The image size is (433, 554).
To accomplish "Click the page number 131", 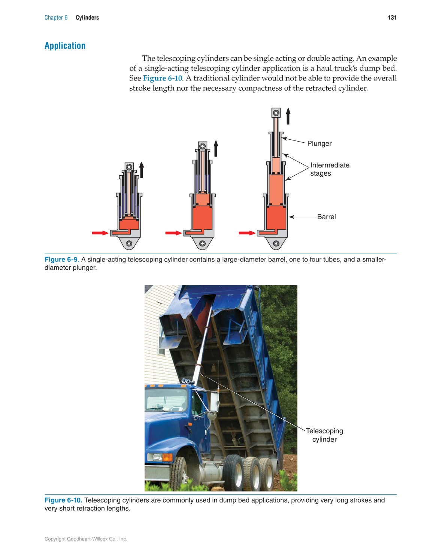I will (392, 18).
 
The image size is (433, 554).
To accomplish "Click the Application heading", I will (65, 46).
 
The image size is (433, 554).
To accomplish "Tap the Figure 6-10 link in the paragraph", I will (162, 78).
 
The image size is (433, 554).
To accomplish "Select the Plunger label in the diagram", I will (319, 143).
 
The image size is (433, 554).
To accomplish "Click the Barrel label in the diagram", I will (326, 217).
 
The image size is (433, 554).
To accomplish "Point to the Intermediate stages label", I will (329, 169).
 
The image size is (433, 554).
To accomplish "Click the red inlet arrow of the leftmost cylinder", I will (100, 233).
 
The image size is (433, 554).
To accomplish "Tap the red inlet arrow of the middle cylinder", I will (173, 233).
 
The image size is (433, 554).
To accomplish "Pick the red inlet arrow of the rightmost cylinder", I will (246, 233).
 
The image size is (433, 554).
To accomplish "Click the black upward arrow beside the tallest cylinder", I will (288, 116).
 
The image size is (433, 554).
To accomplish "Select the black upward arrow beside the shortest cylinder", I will (142, 170).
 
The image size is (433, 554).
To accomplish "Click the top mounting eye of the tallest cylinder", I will (276, 113).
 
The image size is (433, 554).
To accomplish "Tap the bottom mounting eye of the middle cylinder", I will (203, 243).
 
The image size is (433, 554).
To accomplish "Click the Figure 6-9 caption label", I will (62, 260).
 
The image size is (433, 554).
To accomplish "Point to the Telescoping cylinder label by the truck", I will (324, 435).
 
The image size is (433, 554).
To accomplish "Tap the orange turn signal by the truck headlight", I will (167, 457).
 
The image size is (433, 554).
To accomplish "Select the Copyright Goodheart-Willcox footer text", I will (86, 539).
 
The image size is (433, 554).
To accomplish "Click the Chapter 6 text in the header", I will (56, 18).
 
